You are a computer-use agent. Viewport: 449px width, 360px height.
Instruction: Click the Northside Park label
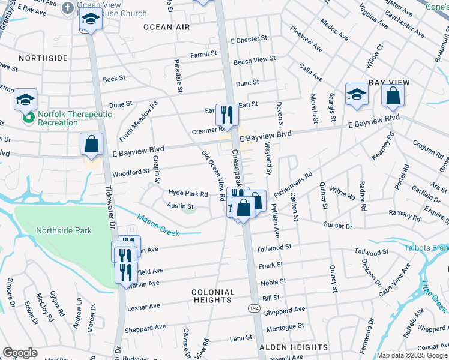pos(64,230)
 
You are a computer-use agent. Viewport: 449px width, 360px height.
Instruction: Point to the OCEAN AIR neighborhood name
pos(167,28)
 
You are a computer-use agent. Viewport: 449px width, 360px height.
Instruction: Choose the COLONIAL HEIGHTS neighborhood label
pos(212,296)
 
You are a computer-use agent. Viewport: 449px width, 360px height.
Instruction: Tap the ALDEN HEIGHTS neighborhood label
pos(293,347)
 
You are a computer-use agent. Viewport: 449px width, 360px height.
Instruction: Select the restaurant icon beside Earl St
pos(226,113)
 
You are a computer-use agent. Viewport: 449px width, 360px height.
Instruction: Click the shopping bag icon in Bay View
pos(393,96)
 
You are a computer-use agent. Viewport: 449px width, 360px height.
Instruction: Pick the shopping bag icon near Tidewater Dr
pos(92,145)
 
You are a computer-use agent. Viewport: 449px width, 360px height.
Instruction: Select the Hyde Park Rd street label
pos(188,194)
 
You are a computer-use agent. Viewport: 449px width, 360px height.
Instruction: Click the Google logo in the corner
pos(20,353)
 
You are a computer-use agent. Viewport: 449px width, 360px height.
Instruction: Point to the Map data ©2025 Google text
pos(411,355)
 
